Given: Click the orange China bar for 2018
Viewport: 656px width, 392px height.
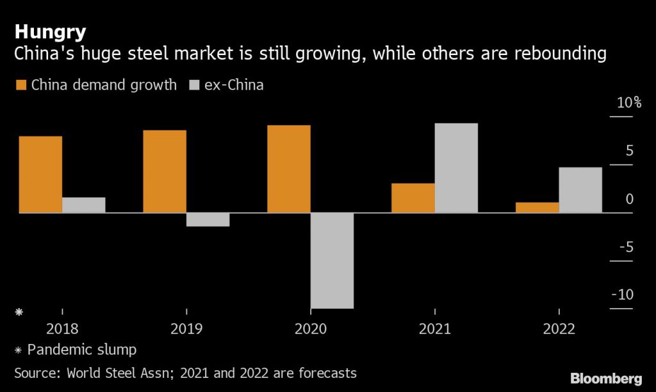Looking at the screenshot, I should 40,174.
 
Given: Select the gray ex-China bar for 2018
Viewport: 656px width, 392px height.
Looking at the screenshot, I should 84,205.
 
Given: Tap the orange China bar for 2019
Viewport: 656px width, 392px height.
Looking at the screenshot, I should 165,171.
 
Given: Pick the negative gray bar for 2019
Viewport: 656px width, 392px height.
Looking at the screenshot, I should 208,219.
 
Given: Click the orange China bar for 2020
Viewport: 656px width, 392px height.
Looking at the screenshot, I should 289,169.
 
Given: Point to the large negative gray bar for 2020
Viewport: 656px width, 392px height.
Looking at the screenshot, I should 332,260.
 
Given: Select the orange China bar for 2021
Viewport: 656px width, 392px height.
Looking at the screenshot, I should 413,198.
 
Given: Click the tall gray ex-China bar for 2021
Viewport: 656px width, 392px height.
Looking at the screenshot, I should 456,168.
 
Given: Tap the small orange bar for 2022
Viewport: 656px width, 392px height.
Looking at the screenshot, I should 537,207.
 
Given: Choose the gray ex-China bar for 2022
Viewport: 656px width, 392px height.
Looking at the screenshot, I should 580,190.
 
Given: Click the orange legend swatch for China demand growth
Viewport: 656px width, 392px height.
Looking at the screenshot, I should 20,85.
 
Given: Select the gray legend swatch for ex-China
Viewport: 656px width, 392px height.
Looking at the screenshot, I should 194,85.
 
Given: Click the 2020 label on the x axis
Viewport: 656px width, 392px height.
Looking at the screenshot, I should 310,329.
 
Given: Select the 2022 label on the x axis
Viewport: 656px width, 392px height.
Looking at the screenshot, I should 559,329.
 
